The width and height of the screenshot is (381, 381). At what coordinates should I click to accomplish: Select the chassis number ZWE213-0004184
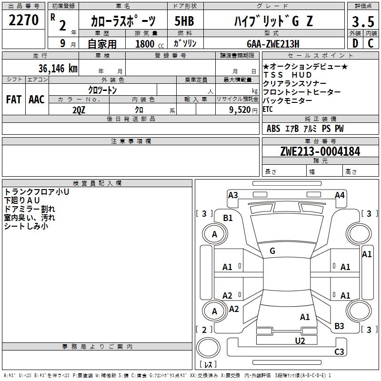pos(320,151)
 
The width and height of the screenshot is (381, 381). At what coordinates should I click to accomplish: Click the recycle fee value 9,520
pos(239,110)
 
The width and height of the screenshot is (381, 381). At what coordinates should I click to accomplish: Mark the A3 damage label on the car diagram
pos(233,195)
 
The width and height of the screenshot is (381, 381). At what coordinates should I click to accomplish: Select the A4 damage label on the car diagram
pos(340,195)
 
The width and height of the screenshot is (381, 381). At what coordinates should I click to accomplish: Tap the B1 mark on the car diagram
pos(228,218)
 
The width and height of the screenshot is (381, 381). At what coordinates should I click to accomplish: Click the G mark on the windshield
pos(272,251)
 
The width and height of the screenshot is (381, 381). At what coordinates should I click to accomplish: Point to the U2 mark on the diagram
pos(300,341)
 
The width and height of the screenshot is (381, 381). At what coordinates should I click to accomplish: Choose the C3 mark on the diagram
pos(339,352)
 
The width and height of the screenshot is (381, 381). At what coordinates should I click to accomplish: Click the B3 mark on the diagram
pos(339,326)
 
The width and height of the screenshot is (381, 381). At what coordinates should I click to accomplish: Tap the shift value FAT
pos(14,99)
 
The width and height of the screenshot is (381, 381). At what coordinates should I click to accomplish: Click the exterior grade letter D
pos(355,43)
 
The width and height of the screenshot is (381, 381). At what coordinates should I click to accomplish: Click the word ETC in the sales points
pos(268,109)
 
